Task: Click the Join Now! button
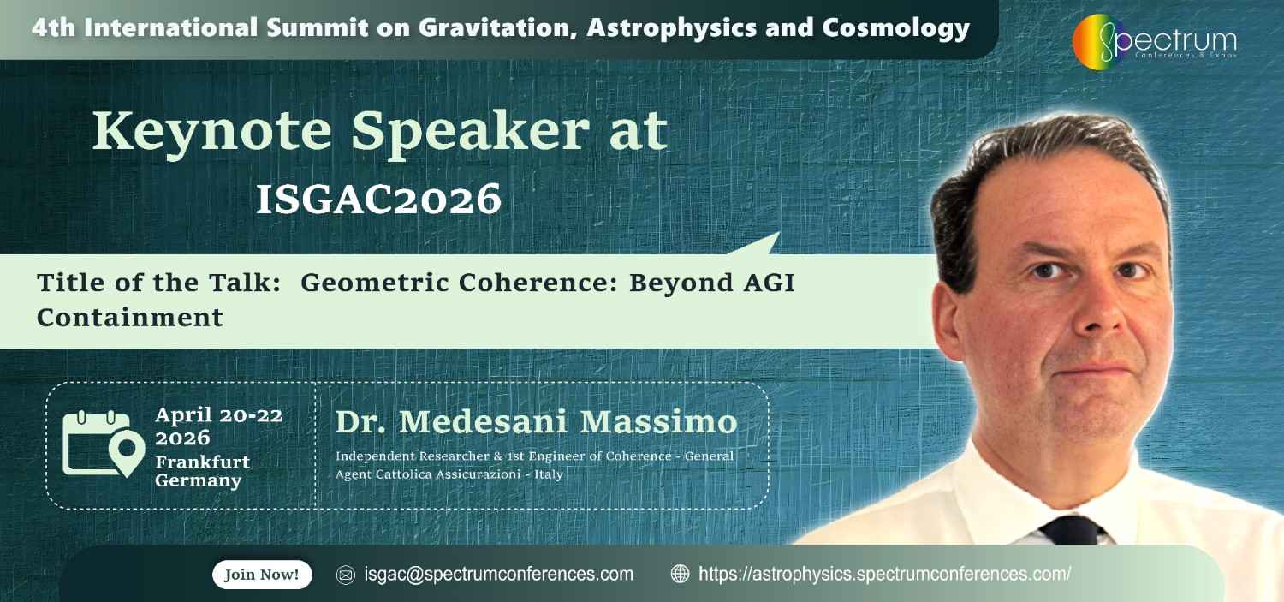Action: [262, 575]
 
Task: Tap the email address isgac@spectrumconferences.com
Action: [498, 575]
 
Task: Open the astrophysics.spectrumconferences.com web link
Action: [884, 575]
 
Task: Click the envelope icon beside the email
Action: [346, 575]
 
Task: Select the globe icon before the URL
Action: [680, 575]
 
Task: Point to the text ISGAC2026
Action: [378, 200]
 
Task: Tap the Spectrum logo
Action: [1154, 42]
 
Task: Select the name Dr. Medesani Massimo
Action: [536, 422]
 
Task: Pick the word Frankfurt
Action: [203, 462]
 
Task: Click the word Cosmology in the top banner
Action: [895, 28]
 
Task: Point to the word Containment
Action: [130, 318]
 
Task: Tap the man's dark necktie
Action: [1073, 532]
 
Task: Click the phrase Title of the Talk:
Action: [159, 283]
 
